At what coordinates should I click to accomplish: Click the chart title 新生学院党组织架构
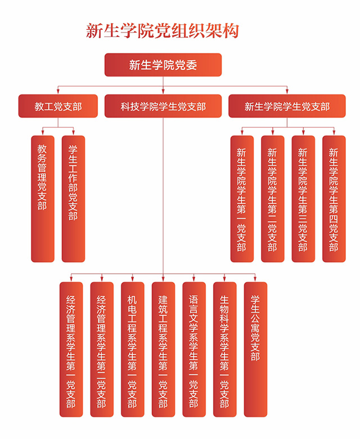[163, 30]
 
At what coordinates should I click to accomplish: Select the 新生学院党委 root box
[163, 65]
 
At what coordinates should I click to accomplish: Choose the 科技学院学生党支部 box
[163, 106]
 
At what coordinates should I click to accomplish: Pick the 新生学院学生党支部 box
[287, 106]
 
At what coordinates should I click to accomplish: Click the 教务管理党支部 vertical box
[42, 198]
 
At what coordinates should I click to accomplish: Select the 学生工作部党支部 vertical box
[73, 198]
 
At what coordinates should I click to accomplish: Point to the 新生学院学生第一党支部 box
[242, 198]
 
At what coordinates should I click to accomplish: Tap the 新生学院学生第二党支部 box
[272, 198]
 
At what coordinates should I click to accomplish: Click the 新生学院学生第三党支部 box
[303, 198]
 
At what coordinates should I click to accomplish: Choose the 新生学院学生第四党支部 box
[334, 198]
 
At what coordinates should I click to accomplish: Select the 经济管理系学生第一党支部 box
[71, 349]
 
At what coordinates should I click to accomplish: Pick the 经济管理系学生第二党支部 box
[102, 349]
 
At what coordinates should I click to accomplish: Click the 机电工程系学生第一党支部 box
[132, 349]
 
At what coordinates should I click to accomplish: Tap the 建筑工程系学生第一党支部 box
[163, 349]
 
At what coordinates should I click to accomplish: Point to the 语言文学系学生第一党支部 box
[194, 349]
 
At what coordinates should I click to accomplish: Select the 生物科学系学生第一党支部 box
[224, 349]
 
